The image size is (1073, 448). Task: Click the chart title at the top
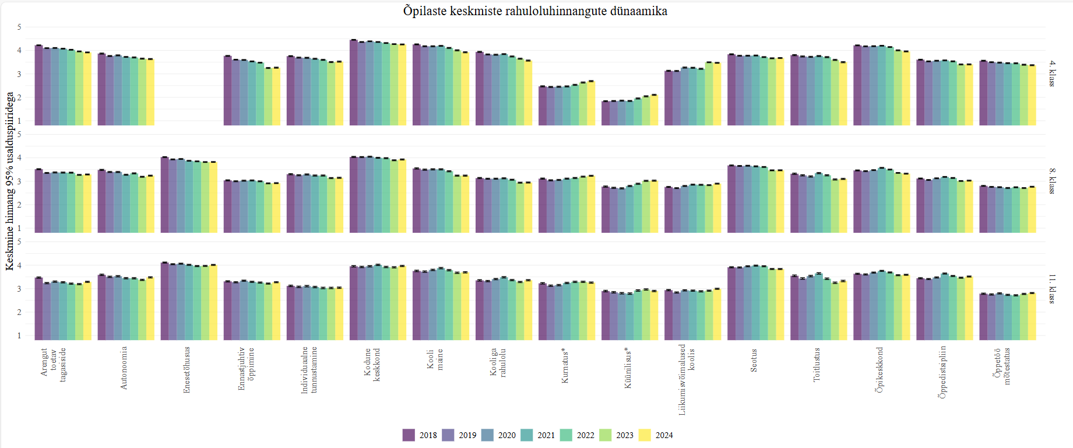coord(535,11)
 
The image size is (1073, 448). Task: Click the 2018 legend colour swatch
coord(409,435)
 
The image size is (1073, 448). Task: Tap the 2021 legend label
coord(546,435)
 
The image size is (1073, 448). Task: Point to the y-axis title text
coord(9,181)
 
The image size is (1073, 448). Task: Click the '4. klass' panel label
coord(1052,73)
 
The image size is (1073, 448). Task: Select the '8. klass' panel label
coord(1052,181)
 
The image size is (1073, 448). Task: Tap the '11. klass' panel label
coord(1052,289)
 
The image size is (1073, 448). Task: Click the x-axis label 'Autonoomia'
coord(124,367)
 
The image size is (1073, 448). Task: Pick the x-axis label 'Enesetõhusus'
coord(187,369)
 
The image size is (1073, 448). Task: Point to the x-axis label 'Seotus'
coord(754,360)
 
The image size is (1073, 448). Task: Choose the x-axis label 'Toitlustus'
coord(817,365)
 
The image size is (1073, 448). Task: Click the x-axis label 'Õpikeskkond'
coord(879,369)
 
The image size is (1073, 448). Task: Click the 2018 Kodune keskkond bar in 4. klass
coord(353,82)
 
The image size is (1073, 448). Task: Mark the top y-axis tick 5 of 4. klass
coord(19,27)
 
